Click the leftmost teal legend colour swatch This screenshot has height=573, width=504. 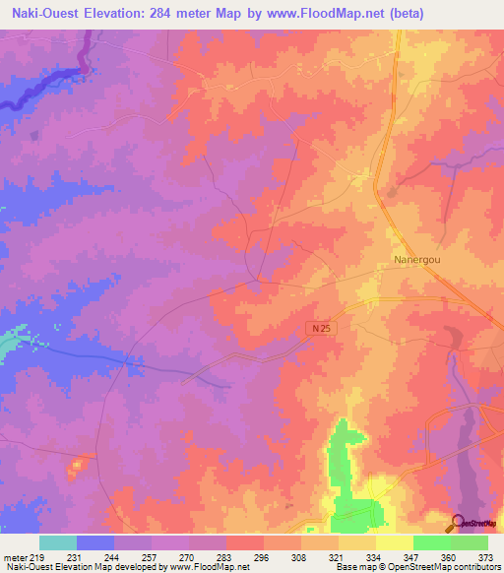(57, 542)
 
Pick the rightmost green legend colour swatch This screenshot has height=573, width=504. (469, 542)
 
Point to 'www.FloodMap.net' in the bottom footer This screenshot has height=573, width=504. (210, 568)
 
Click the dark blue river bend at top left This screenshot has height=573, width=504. (87, 65)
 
